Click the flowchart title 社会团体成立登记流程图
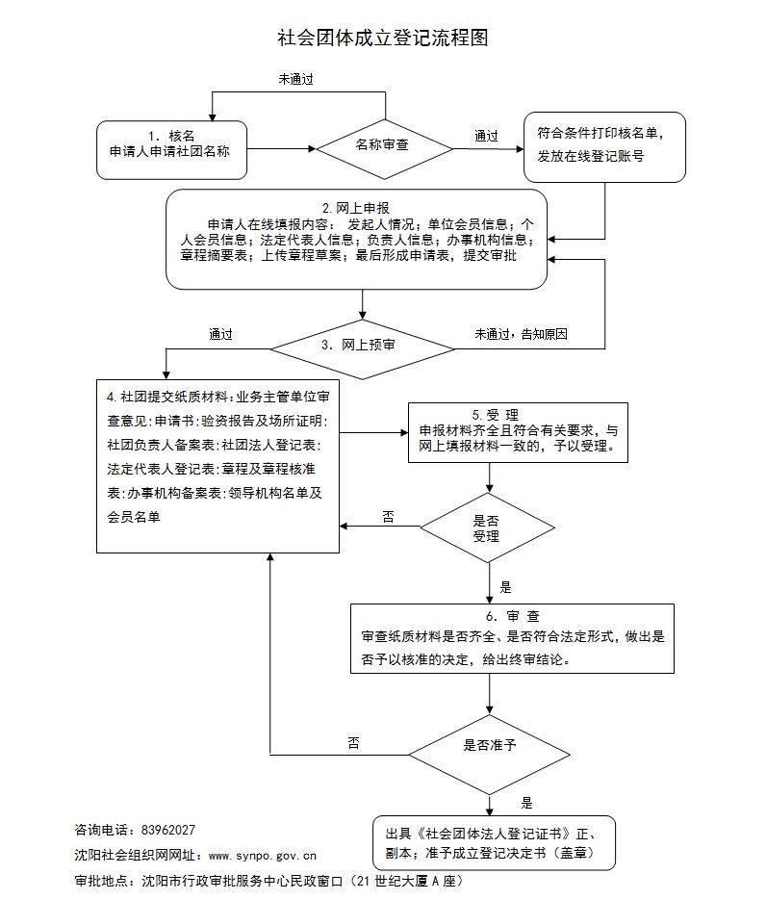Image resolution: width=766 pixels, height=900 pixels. pyautogui.click(x=383, y=38)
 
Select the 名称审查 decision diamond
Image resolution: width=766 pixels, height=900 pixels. pyautogui.click(x=385, y=147)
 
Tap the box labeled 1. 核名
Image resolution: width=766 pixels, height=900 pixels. pyautogui.click(x=171, y=148)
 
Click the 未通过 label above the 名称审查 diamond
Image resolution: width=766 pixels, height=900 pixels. pyautogui.click(x=296, y=80)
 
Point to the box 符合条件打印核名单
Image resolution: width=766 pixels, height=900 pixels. pyautogui.click(x=604, y=146)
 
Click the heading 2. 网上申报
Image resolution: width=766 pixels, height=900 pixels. pyautogui.click(x=355, y=208)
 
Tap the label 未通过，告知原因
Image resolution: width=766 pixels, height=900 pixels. pyautogui.click(x=521, y=334)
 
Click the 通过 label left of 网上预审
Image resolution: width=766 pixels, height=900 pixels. pyautogui.click(x=220, y=334)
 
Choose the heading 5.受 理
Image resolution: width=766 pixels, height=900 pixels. pyautogui.click(x=490, y=414)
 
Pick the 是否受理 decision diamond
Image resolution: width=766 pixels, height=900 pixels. pyautogui.click(x=487, y=527)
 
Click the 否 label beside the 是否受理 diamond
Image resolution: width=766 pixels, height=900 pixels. pyautogui.click(x=388, y=517)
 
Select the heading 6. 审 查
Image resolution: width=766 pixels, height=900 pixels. pyautogui.click(x=512, y=616)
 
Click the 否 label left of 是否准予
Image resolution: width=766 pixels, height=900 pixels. pyautogui.click(x=353, y=742)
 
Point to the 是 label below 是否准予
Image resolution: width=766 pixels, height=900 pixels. pyautogui.click(x=526, y=802)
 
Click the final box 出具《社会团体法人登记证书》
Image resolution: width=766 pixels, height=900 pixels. pyautogui.click(x=494, y=842)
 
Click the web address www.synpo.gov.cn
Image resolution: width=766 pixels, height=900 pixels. pyautogui.click(x=262, y=855)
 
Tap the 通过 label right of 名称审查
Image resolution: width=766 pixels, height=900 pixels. pyautogui.click(x=486, y=136)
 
